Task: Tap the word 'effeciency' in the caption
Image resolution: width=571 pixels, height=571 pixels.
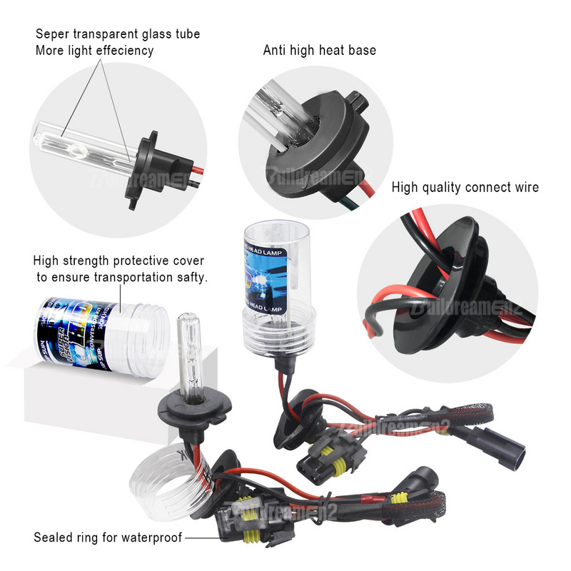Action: [x=123, y=51]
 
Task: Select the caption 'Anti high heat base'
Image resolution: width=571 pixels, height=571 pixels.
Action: [x=319, y=50]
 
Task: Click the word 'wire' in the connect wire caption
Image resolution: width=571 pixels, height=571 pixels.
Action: [x=525, y=188]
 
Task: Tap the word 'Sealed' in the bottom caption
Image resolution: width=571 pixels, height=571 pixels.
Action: [x=51, y=537]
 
